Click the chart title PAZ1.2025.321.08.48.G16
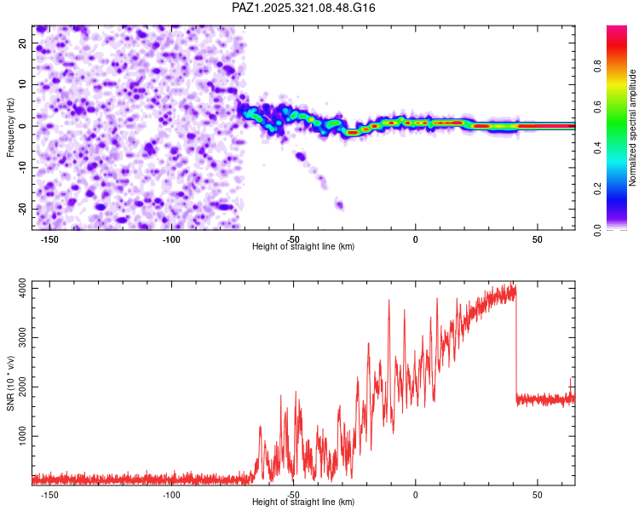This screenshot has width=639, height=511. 304,8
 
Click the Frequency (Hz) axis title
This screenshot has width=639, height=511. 10,128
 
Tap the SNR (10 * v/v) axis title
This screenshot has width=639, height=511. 10,382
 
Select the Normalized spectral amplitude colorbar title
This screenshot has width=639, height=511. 633,128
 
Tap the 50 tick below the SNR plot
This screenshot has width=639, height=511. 538,495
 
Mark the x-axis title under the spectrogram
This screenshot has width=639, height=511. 303,247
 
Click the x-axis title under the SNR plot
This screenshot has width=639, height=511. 303,502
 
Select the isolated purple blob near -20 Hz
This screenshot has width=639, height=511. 339,204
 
